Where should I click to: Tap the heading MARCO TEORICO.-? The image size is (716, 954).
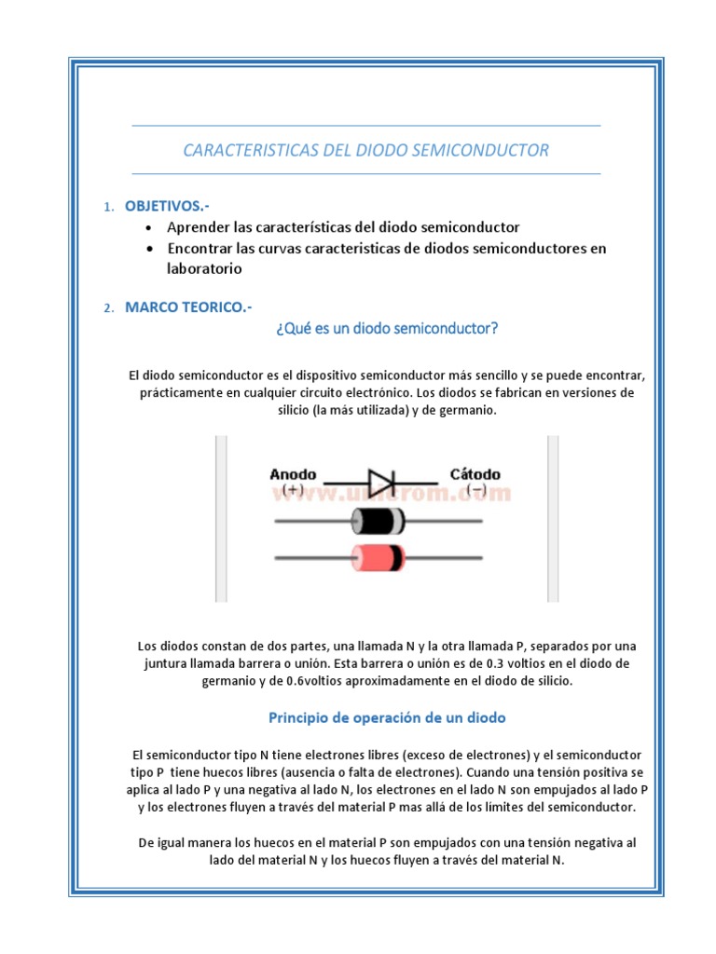pos(188,307)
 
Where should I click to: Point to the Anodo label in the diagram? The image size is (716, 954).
pos(293,473)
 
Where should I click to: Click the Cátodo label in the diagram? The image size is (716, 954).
pos(475,473)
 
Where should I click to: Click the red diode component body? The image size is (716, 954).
pos(377,556)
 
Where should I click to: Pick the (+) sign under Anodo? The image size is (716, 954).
pos(292,489)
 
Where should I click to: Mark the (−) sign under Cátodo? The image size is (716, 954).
pos(475,489)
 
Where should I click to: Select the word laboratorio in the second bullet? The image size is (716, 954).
pos(204,268)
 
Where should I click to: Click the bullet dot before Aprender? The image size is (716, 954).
pos(150,228)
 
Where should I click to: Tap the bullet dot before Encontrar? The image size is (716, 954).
pos(150,249)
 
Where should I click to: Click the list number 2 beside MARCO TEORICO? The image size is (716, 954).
pos(108,308)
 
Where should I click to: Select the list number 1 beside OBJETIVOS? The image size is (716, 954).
pos(108,206)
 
